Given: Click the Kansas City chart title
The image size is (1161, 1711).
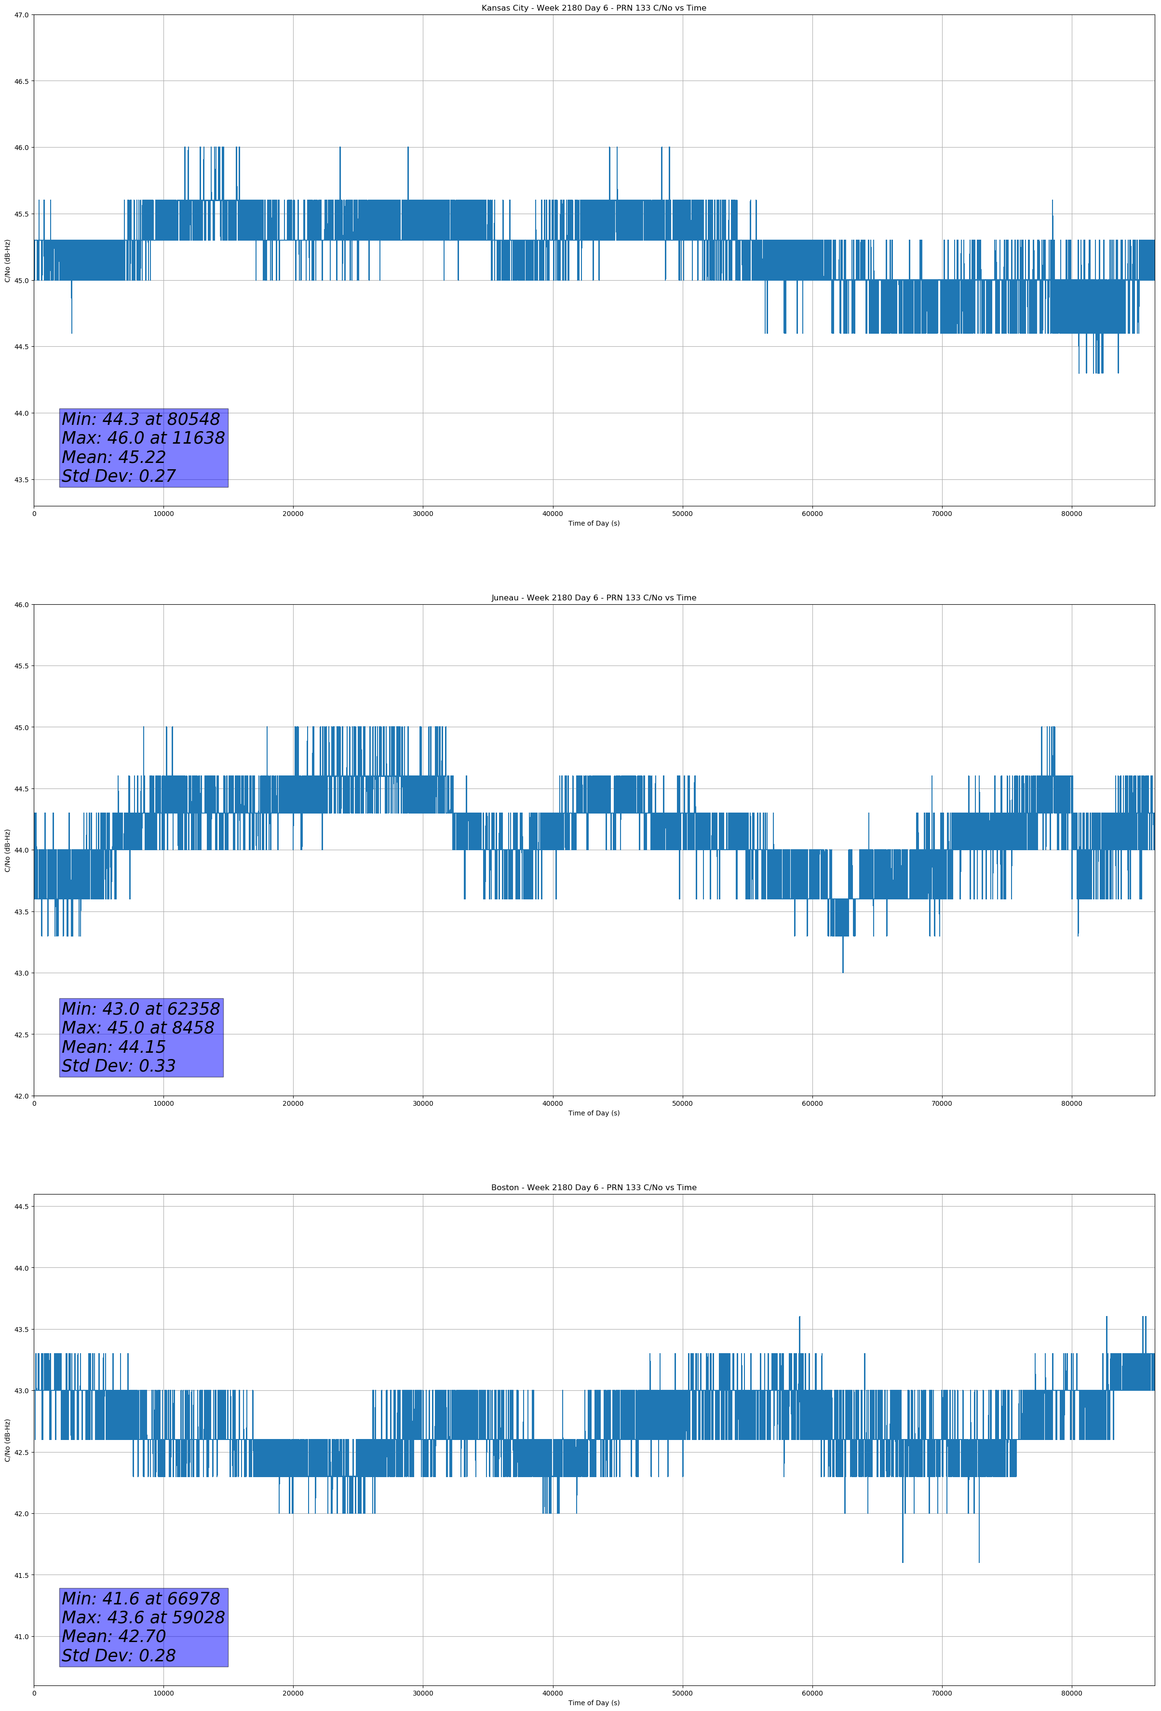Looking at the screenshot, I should [594, 8].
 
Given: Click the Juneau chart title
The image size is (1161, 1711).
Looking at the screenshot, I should [594, 598].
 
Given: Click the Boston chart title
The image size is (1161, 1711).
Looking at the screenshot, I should [594, 1188].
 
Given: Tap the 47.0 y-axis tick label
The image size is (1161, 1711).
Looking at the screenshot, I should [21, 15].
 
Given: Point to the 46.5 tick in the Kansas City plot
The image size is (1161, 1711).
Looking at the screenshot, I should [21, 81].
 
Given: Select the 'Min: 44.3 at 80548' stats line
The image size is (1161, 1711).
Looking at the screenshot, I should [141, 419].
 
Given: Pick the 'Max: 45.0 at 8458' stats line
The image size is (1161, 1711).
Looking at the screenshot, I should [138, 1028].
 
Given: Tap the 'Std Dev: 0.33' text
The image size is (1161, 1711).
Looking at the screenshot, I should [119, 1066].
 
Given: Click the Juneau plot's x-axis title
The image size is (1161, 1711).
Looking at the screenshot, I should [594, 1113].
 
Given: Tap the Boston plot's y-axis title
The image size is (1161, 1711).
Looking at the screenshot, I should [7, 1439].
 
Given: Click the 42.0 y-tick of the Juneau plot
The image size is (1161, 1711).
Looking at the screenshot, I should [21, 1096].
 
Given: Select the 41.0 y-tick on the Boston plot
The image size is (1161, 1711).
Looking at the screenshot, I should [21, 1637].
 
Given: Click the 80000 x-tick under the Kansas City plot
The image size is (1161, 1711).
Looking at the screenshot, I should [1071, 514].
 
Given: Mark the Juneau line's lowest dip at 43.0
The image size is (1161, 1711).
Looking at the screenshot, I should [843, 972].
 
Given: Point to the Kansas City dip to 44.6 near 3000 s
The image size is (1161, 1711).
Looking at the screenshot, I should [71, 331].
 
